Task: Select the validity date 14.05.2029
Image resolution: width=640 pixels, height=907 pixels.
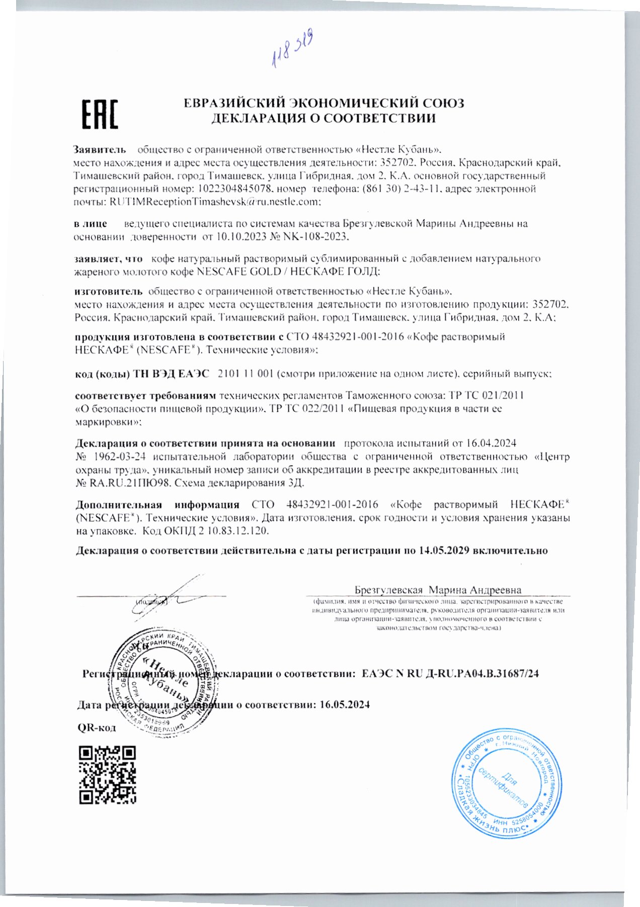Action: (x=444, y=551)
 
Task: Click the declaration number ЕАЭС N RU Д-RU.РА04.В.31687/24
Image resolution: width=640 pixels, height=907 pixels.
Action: (x=450, y=673)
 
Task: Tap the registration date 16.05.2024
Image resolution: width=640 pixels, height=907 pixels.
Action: (x=345, y=704)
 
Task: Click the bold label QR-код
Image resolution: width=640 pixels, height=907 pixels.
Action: (x=97, y=728)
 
